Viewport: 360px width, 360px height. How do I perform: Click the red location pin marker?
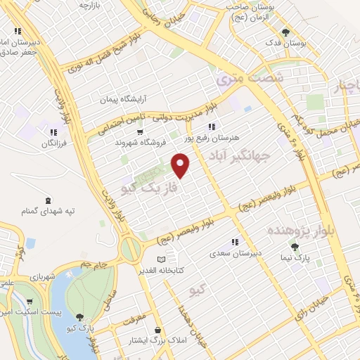pyautogui.click(x=181, y=166)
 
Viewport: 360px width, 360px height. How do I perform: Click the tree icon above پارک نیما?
pyautogui.click(x=295, y=246)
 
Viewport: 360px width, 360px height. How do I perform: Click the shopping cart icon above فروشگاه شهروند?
pyautogui.click(x=141, y=131)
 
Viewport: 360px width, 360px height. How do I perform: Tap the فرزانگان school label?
pyautogui.click(x=52, y=143)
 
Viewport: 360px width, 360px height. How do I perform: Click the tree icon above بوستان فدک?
pyautogui.click(x=285, y=32)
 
